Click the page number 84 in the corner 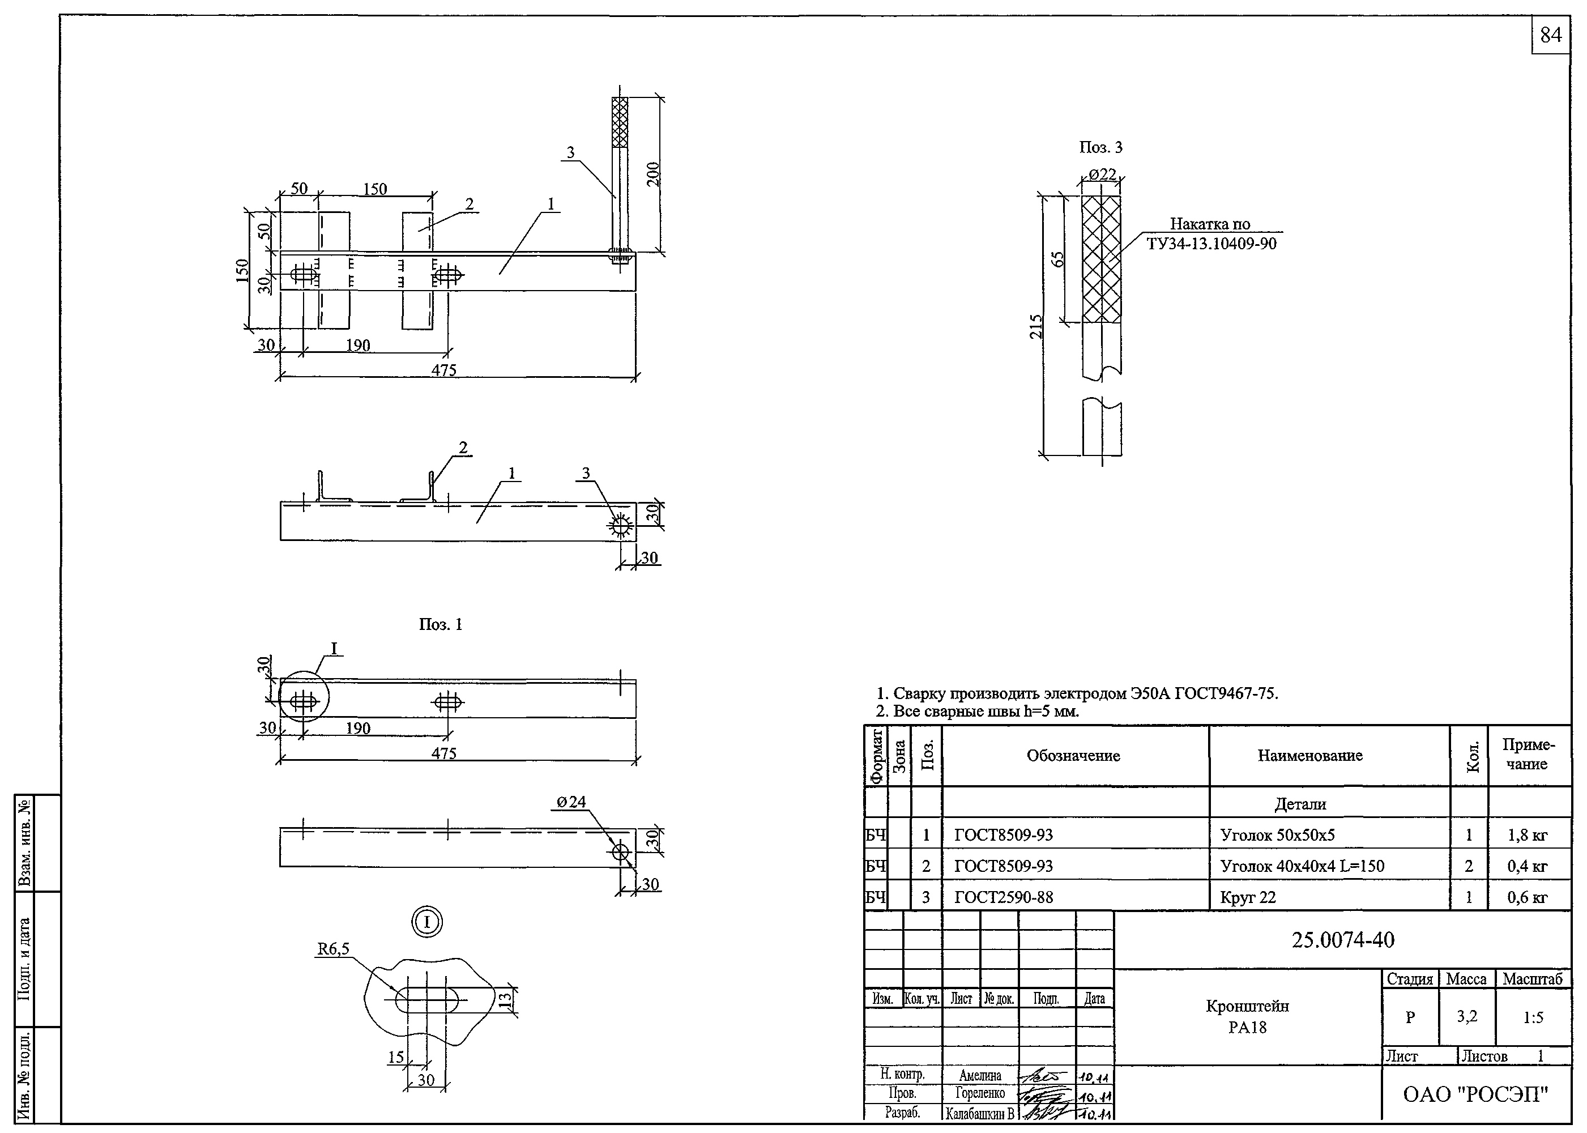(1550, 35)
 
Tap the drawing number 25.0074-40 (1343, 940)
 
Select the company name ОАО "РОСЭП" (1475, 1094)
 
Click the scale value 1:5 (1533, 1018)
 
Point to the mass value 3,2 (1466, 1016)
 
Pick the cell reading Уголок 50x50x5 (1277, 835)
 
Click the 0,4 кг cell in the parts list (1527, 867)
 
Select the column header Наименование (1309, 756)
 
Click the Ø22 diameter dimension (1102, 174)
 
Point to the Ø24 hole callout (571, 802)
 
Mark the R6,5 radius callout (334, 949)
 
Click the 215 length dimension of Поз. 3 (1036, 326)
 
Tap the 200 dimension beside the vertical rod (653, 174)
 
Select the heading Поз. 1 (440, 624)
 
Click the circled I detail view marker (427, 922)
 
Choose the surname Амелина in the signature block (979, 1076)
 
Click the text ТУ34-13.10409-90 (1211, 244)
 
